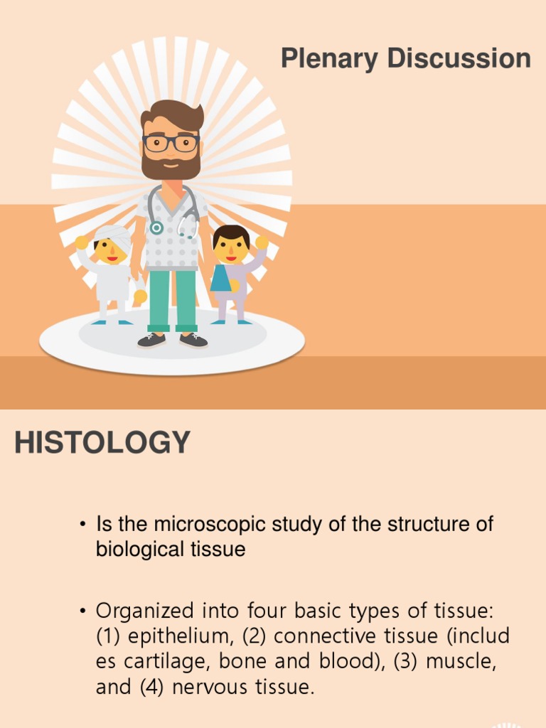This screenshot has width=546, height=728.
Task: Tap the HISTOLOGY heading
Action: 102,443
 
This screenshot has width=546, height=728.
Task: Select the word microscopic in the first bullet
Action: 206,525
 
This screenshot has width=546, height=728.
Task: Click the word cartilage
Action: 164,661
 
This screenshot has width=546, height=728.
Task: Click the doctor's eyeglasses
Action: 171,142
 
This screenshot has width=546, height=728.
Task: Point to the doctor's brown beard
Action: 171,166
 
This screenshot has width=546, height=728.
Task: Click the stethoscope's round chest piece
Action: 156,227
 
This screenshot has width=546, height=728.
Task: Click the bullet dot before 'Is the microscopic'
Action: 82,525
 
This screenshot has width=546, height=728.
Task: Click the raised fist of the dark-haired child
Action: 262,242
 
